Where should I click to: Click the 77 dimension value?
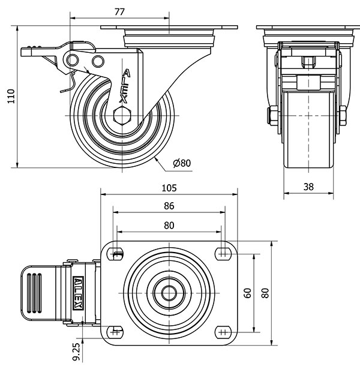pyautogui.click(x=119, y=11)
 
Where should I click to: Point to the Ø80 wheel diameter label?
pyautogui.click(x=181, y=163)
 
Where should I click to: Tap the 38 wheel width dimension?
pyautogui.click(x=308, y=187)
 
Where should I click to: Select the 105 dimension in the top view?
pyautogui.click(x=169, y=187)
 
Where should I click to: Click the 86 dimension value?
pyautogui.click(x=169, y=206)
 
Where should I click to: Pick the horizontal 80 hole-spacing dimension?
pyautogui.click(x=169, y=226)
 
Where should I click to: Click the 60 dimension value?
pyautogui.click(x=247, y=293)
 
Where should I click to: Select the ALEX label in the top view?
pyautogui.click(x=78, y=293)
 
